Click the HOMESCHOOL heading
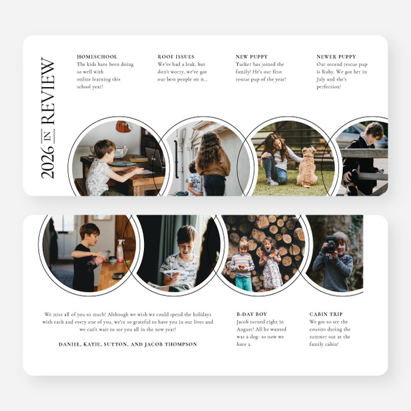point(97,57)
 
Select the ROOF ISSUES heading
point(176,57)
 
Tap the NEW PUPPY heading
point(251,57)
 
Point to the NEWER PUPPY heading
point(336,57)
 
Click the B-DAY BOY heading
point(251,314)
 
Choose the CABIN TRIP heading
point(326,314)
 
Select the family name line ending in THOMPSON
point(128,344)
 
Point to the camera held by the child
point(330,244)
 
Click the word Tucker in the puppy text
point(244,64)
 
